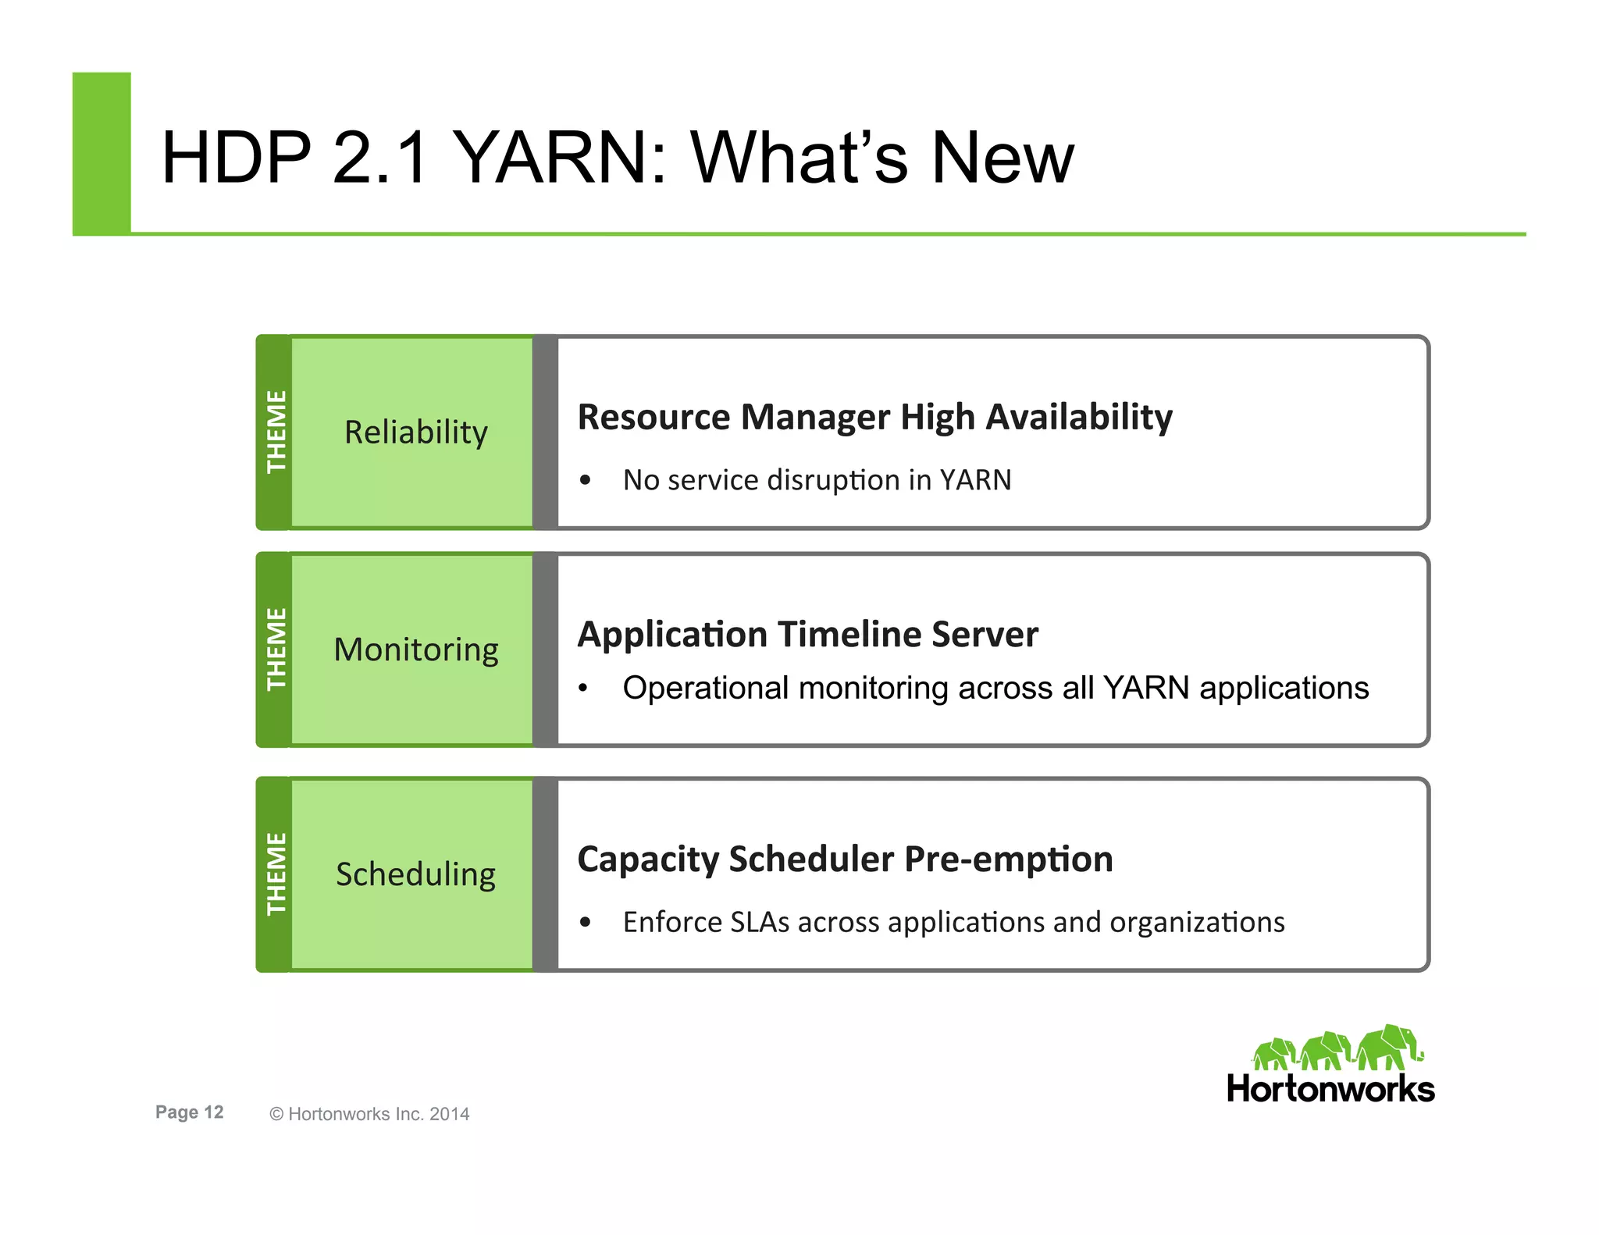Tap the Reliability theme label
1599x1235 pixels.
pos(415,432)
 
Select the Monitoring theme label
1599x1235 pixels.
pos(415,650)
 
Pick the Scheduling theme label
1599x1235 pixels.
pos(415,874)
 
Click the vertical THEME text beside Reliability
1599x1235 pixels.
pos(276,432)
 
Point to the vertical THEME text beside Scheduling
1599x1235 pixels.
pos(276,874)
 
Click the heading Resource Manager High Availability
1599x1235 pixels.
pos(874,417)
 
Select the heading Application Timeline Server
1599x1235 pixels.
pos(807,634)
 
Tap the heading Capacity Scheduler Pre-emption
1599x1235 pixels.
pos(845,859)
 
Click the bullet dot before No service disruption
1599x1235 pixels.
pos(586,480)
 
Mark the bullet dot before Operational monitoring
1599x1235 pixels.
pos(582,689)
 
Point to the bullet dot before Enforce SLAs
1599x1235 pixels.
pos(586,923)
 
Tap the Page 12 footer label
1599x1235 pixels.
pos(189,1112)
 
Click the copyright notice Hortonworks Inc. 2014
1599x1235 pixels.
pos(369,1114)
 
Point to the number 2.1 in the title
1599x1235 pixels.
pos(380,158)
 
